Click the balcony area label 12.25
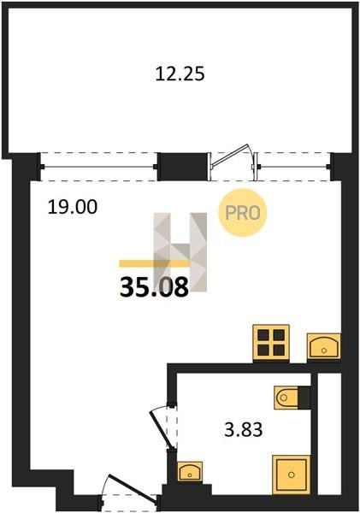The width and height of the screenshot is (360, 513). pos(180,74)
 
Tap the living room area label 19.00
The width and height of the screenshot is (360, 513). pos(73,207)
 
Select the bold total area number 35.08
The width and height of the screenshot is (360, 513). pos(154,287)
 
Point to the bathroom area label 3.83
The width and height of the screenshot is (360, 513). pos(244,430)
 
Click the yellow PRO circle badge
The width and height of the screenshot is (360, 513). pos(243,213)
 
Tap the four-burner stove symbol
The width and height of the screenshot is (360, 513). pos(271,343)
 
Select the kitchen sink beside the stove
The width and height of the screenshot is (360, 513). pos(324,348)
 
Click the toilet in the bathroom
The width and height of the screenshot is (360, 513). pos(286,398)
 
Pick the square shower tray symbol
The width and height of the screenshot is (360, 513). pos(292,475)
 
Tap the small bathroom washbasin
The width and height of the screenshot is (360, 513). pos(190,471)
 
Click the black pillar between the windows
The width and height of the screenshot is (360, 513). pos(183,167)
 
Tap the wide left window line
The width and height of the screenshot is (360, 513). pos(98,168)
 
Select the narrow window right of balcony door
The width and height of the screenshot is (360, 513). pos(292,167)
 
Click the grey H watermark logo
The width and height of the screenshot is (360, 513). pos(180,252)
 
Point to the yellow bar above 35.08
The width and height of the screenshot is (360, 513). pos(154,263)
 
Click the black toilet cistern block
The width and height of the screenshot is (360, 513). pos(304,398)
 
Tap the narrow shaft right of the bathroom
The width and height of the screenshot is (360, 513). pos(329,433)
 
